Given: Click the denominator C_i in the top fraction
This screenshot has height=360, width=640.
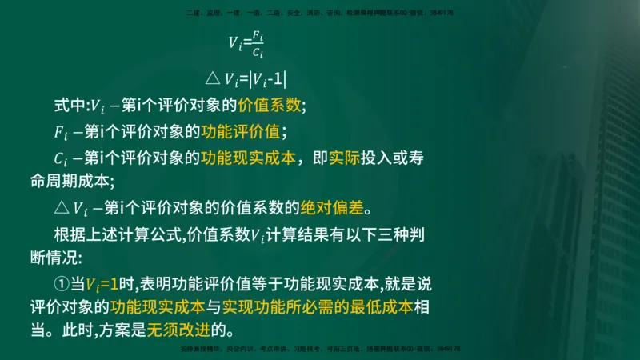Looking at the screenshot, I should (256, 53).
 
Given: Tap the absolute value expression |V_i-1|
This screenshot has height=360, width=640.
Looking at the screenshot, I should (266, 78).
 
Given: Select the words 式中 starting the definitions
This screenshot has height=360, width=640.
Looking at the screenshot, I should (69, 104).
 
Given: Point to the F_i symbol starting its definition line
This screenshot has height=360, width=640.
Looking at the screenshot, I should (61, 132).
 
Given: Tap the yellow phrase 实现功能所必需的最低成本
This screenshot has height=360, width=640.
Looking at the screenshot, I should (318, 307).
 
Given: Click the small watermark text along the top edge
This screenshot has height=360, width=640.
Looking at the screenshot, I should (320, 13).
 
